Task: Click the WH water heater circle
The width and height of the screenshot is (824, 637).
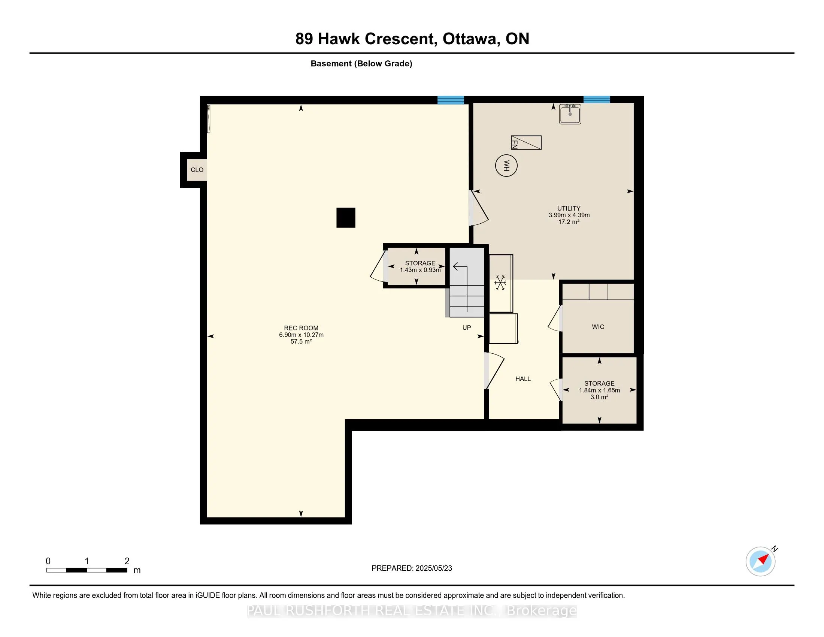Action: pos(506,165)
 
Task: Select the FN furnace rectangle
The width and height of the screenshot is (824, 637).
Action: pos(526,143)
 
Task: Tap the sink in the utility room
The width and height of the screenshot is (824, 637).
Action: pos(570,114)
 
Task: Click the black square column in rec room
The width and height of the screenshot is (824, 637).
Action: pos(346,218)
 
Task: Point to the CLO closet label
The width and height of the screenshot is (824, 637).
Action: pos(197,170)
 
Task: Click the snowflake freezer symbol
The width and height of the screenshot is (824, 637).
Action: pos(500,283)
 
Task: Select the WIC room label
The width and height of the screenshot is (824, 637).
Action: pos(598,327)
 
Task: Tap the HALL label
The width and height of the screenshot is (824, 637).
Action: pos(523,379)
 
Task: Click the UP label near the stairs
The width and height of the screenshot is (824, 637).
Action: pos(467,327)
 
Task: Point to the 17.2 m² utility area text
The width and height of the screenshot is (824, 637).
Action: pos(569,222)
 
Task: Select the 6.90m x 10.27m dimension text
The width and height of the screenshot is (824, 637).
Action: pos(301,335)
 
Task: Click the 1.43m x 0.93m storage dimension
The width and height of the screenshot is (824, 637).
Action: pos(420,270)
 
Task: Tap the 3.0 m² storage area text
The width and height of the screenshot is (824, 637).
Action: pos(599,397)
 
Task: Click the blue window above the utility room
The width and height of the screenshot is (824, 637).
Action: pos(597,100)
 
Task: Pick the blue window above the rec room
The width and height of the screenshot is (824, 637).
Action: pos(451,100)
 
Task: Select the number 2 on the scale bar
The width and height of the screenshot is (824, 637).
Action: pos(127,561)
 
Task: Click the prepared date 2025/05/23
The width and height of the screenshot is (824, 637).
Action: pos(433,568)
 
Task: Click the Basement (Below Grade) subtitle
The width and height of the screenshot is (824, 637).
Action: pos(361,64)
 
